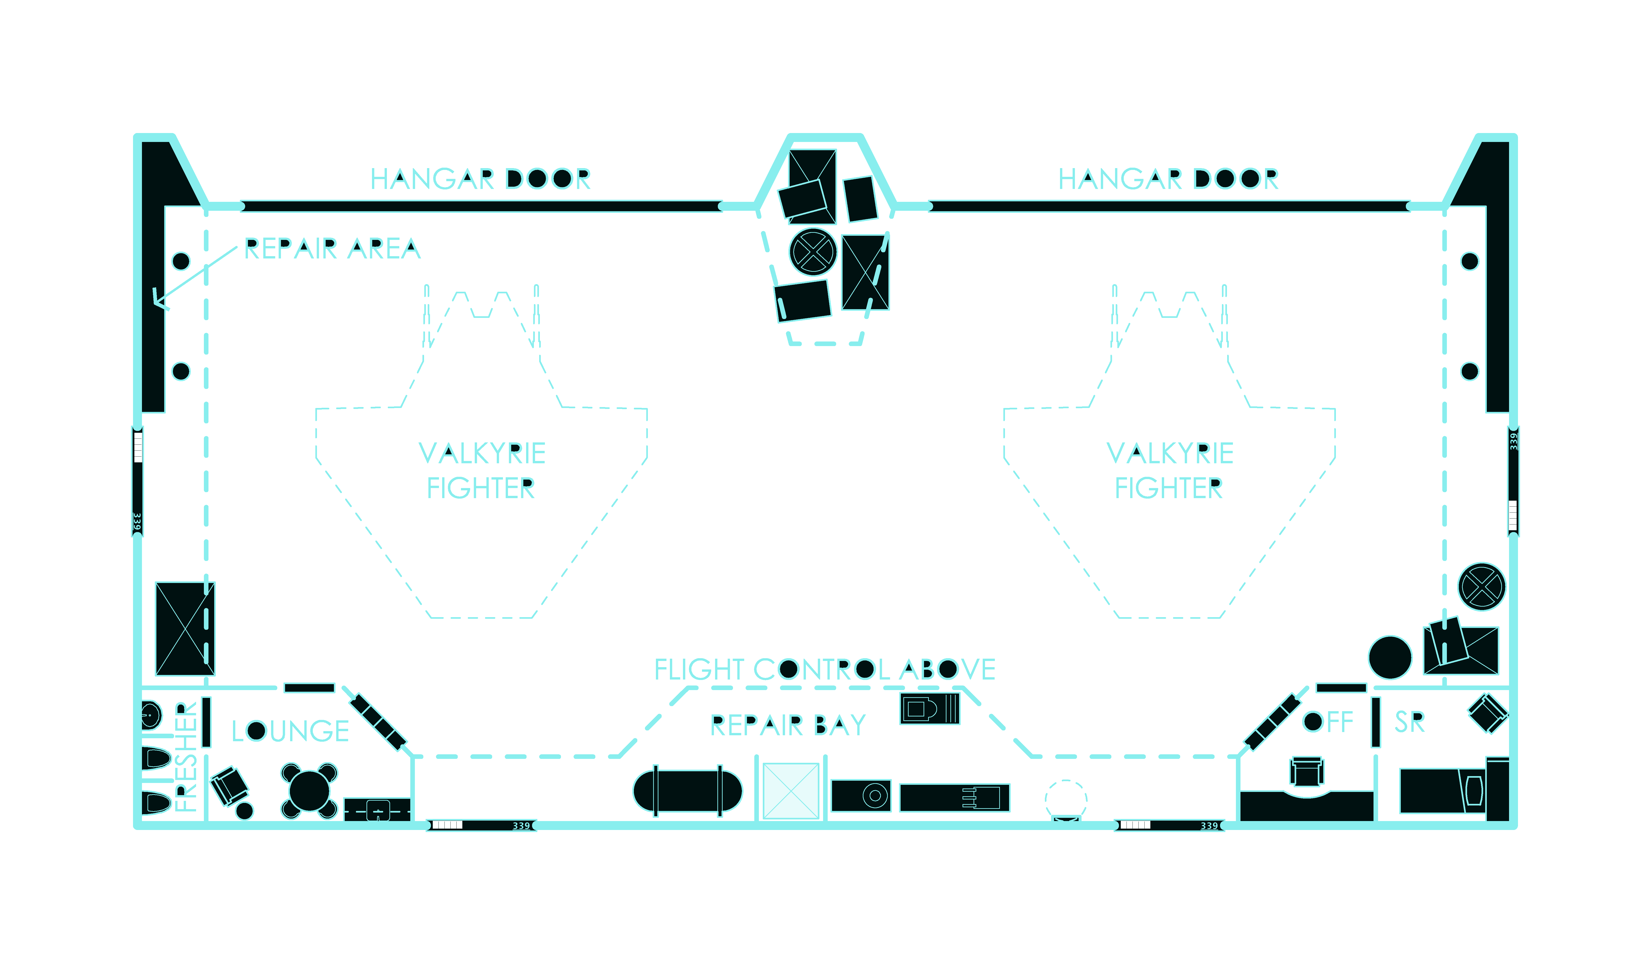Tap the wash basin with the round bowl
point(151,715)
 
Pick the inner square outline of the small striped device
point(916,709)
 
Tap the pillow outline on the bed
point(1474,791)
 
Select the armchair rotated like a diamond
point(1489,713)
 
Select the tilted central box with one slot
point(803,301)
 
